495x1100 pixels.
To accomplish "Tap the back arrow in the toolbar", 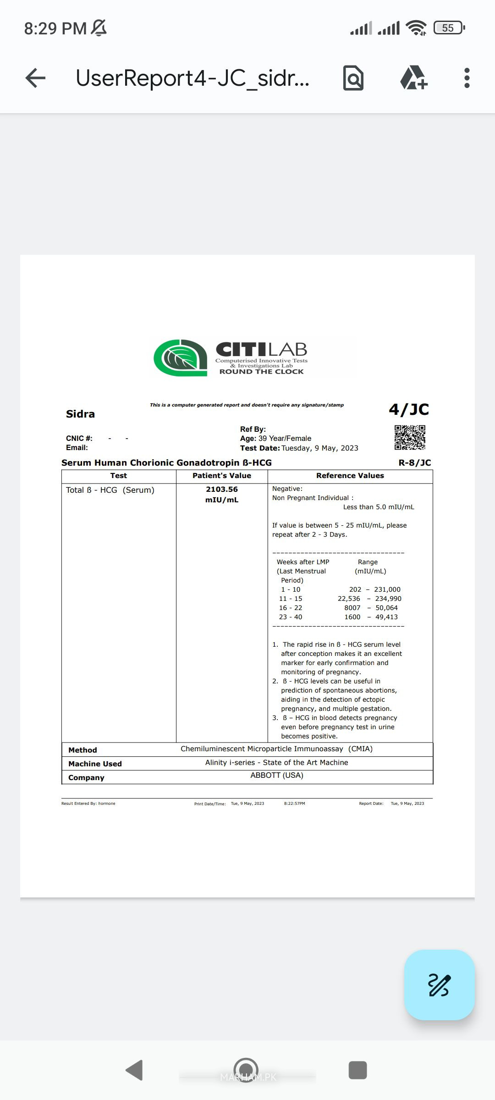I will [x=35, y=78].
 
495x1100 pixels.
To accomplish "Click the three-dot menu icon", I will [x=467, y=78].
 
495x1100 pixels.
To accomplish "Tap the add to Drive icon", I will [x=413, y=78].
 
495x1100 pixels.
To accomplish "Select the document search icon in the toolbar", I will [x=353, y=78].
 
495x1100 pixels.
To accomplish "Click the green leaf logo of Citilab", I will [x=180, y=357].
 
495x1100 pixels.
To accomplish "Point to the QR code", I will [x=410, y=437].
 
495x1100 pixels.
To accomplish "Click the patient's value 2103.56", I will [x=222, y=489].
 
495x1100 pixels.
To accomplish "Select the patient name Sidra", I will [x=80, y=414].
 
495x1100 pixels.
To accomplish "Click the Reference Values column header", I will [x=350, y=476].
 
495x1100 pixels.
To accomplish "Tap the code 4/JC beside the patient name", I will [x=409, y=409].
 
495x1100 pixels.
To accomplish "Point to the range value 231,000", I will [x=387, y=589].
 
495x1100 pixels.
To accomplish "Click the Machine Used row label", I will [x=95, y=764].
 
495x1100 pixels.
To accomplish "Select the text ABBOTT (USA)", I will [x=277, y=775].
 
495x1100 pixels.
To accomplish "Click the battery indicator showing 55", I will [x=449, y=28].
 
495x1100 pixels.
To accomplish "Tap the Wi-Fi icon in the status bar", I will [x=416, y=28].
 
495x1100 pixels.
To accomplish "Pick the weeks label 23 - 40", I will [x=291, y=617].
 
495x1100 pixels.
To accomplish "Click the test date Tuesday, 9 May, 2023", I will [x=320, y=448].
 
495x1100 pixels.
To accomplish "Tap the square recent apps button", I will [x=357, y=1070].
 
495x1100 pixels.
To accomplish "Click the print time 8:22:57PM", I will [x=294, y=803].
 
